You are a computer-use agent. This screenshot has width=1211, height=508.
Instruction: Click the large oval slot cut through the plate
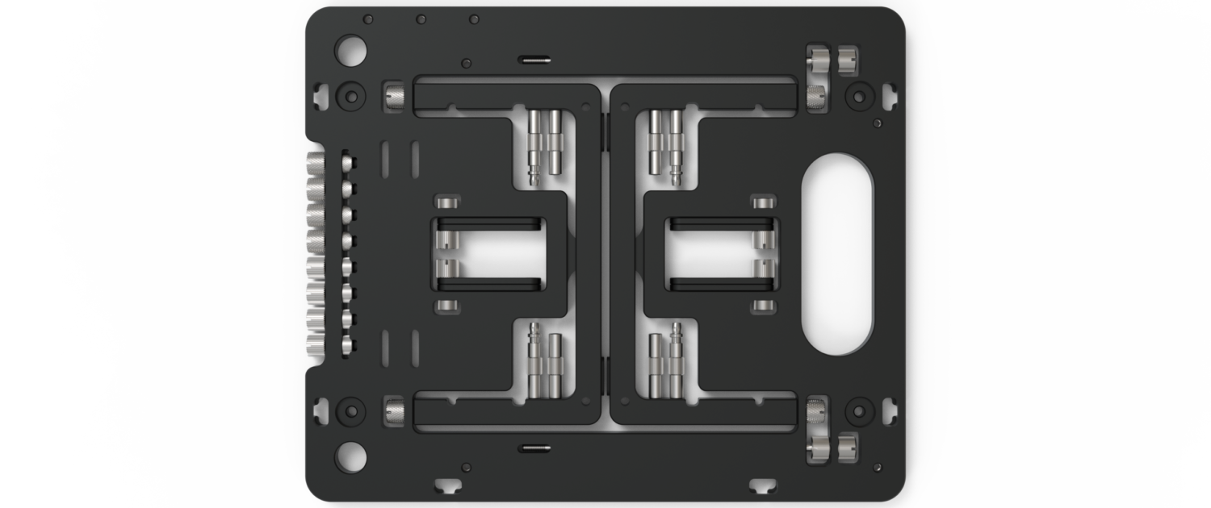[x=836, y=254]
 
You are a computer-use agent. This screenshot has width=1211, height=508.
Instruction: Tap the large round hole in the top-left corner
[x=350, y=50]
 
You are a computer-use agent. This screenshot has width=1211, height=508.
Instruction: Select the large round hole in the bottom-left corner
[x=350, y=457]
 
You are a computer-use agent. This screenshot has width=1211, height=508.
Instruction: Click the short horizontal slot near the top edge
[x=534, y=59]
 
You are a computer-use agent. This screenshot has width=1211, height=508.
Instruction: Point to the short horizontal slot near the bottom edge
[x=534, y=448]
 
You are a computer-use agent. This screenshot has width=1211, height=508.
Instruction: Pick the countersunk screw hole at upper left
[x=350, y=96]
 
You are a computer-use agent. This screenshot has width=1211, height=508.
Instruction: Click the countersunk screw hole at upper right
[x=857, y=96]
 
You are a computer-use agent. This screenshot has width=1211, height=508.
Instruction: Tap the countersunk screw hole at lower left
[x=350, y=410]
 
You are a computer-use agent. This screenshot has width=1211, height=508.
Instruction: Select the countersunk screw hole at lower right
[x=857, y=410]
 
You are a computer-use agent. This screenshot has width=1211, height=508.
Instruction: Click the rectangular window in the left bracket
[x=491, y=254]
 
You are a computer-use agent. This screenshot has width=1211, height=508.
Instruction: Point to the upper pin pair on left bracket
[x=545, y=145]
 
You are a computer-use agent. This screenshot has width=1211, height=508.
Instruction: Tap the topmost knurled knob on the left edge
[x=315, y=164]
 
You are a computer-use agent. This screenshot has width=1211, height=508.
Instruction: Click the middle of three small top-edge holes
[x=421, y=19]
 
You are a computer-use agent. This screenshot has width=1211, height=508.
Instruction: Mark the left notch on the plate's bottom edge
[x=448, y=485]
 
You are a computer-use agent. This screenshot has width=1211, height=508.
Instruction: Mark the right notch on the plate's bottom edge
[x=761, y=485]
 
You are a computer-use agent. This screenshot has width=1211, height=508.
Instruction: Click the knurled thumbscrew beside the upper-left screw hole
[x=395, y=97]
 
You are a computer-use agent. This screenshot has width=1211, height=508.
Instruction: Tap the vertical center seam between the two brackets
[x=605, y=254]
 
